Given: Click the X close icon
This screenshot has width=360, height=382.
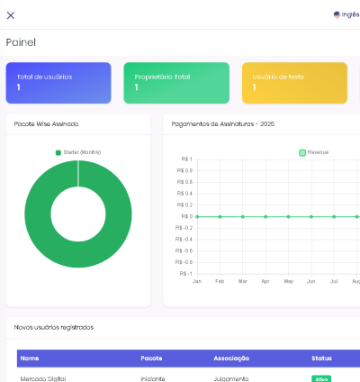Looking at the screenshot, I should click(x=11, y=14).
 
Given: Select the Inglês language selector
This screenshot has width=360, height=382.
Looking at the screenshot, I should click(x=346, y=14).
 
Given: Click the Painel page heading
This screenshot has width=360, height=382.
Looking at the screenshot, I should click(x=21, y=42).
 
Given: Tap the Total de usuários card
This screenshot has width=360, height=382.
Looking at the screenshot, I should click(x=58, y=82).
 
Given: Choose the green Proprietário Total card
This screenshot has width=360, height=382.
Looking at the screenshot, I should click(x=175, y=82).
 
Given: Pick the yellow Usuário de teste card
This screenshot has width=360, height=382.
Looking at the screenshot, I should click(x=294, y=82).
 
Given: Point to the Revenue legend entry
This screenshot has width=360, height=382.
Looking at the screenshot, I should click(x=314, y=152).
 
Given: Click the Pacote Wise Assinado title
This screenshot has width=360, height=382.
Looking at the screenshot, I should click(x=47, y=123).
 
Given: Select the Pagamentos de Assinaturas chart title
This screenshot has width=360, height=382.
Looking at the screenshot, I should click(x=223, y=123).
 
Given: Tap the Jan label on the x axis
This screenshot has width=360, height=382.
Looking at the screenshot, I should click(x=197, y=282).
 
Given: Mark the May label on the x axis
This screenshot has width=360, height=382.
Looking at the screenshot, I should click(x=288, y=282).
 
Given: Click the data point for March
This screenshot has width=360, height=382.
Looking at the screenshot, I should click(x=243, y=216).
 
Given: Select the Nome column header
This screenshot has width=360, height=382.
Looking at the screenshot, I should click(x=30, y=358).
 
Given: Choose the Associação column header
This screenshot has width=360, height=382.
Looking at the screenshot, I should click(x=231, y=358).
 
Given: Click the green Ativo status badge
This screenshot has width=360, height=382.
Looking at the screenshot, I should click(x=319, y=378).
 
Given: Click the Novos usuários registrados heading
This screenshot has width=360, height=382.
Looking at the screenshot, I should click(x=55, y=326).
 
